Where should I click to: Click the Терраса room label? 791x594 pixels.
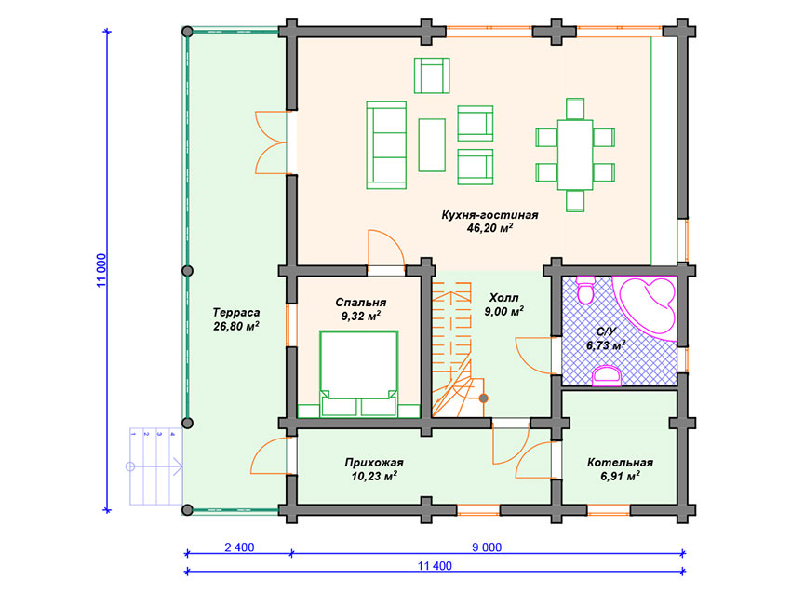[x=236, y=313]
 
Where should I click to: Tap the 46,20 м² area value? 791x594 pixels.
[x=489, y=228]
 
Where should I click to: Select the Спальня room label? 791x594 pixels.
[x=361, y=303]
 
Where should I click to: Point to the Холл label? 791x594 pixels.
[x=504, y=297]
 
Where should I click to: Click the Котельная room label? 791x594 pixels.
[x=620, y=463]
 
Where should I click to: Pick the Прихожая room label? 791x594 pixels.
[x=374, y=463]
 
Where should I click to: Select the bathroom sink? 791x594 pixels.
[x=607, y=376]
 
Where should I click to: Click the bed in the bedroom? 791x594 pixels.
[x=358, y=374]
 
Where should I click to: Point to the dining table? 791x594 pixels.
[x=575, y=155]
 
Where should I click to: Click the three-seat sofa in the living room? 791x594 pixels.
[x=386, y=145]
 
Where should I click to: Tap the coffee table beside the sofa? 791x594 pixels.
[x=432, y=145]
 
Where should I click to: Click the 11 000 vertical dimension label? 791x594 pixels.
[x=101, y=271]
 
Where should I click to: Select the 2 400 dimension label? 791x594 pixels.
[x=239, y=547]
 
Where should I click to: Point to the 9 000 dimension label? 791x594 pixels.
[x=487, y=547]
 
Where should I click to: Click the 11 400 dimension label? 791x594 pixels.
[x=435, y=566]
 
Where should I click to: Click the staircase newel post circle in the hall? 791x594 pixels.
[x=483, y=398]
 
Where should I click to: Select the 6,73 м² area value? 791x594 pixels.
[x=606, y=345]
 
